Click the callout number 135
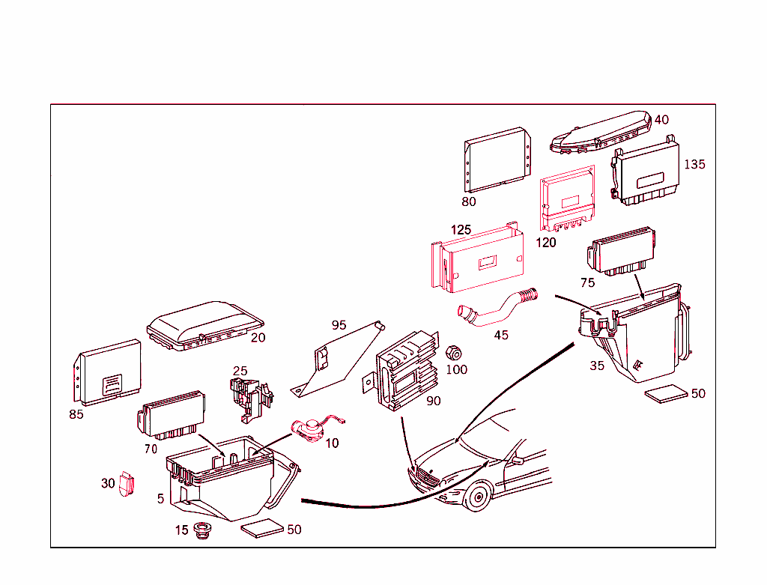694,164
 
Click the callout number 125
461,228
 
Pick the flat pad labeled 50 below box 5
262,528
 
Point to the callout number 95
339,324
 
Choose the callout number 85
76,413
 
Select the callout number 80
469,201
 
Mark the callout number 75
588,282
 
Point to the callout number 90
434,401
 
